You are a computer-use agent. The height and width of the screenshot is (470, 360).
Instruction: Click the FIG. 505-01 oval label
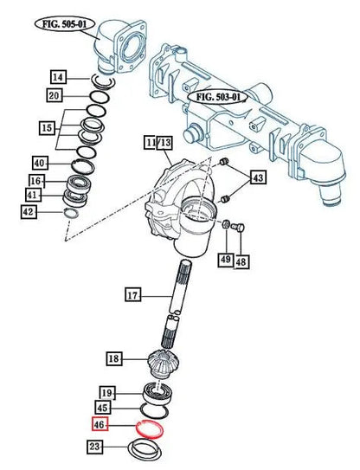pos(65,24)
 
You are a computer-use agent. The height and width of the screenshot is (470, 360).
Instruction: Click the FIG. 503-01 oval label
pos(218,97)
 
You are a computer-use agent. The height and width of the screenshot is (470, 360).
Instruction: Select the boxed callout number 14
pos(58,77)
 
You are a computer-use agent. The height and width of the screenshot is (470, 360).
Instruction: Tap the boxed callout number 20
pos(55,95)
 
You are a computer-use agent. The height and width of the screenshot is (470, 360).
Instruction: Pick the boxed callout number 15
pos(47,128)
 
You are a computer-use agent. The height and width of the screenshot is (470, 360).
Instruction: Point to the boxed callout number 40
pos(40,164)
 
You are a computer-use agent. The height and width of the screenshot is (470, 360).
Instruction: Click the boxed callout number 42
pos(29,212)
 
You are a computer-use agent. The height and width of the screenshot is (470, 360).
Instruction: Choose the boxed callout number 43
pos(258,177)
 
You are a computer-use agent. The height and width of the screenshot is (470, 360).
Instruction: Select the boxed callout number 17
pos(132,295)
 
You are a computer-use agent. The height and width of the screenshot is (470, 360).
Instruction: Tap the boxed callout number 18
pos(114,357)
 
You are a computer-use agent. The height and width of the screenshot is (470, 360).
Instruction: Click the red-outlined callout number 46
pos(100,424)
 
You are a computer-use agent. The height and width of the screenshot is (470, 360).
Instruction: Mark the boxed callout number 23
pos(94,447)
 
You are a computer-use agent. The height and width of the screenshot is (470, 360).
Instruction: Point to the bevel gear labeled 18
pos(164,364)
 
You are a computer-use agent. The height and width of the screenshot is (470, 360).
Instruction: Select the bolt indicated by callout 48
pos(238,228)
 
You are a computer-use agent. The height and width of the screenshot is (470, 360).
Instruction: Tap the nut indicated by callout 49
pos(227,223)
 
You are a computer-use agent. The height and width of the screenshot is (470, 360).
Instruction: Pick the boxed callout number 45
pos(103,408)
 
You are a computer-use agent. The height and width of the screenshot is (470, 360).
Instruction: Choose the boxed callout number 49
pos(226,259)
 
